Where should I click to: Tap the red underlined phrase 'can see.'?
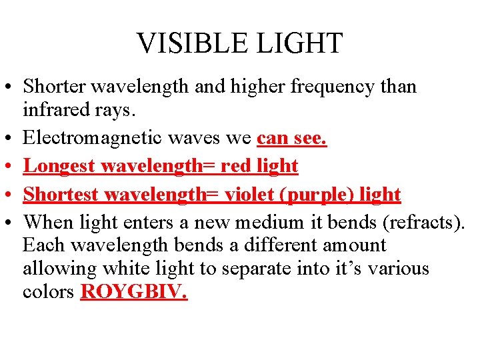point(292,138)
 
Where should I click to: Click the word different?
point(281,245)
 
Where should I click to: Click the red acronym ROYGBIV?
point(133,293)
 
